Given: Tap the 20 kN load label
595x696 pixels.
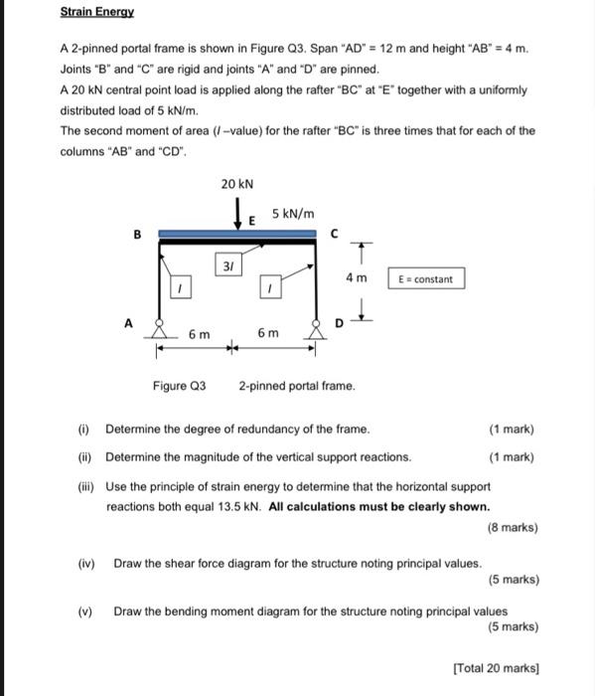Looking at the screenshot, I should pyautogui.click(x=237, y=184).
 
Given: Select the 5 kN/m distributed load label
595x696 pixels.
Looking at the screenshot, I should pyautogui.click(x=293, y=214).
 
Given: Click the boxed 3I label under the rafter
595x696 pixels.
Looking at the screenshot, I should pyautogui.click(x=228, y=264).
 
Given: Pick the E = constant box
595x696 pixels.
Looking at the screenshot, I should pyautogui.click(x=424, y=279).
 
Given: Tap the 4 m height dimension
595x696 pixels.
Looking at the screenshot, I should pyautogui.click(x=356, y=278).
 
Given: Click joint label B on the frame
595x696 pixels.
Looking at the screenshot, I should pyautogui.click(x=137, y=235).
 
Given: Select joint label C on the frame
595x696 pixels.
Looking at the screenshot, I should pyautogui.click(x=334, y=235).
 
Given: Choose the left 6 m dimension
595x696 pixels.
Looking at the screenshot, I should pyautogui.click(x=199, y=335).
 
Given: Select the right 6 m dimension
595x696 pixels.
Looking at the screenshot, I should pyautogui.click(x=268, y=335).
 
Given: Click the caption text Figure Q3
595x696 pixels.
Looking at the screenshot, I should pyautogui.click(x=179, y=385).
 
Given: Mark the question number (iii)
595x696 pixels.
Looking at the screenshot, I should pyautogui.click(x=86, y=486).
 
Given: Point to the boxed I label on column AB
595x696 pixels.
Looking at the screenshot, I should pyautogui.click(x=180, y=288).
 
